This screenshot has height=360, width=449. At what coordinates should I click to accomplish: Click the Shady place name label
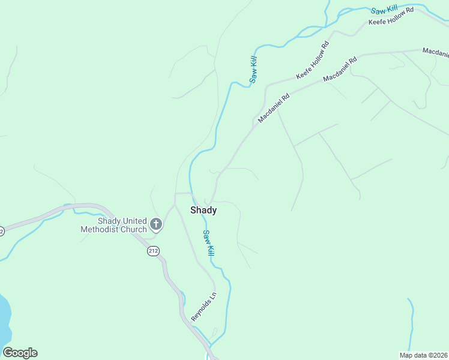[x=203, y=211]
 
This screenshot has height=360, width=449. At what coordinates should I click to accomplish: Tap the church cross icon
[x=156, y=225]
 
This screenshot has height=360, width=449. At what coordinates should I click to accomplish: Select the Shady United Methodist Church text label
[x=113, y=225]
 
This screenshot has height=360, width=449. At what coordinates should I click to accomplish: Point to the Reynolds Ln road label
[x=203, y=307]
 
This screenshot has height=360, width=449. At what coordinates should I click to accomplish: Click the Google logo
[x=20, y=353]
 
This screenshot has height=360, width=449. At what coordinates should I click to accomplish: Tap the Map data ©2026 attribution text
[x=423, y=355]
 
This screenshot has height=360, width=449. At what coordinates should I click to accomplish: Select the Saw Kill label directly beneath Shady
[x=208, y=244]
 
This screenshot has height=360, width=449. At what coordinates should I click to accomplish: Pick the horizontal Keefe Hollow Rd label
[x=391, y=18]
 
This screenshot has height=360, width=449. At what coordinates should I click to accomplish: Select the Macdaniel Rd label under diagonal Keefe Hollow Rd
[x=340, y=70]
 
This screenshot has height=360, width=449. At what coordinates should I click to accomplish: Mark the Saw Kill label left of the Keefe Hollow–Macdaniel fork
[x=254, y=69]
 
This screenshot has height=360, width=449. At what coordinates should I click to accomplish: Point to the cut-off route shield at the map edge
[x=2, y=231]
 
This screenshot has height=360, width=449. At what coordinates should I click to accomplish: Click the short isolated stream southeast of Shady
[x=412, y=324]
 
